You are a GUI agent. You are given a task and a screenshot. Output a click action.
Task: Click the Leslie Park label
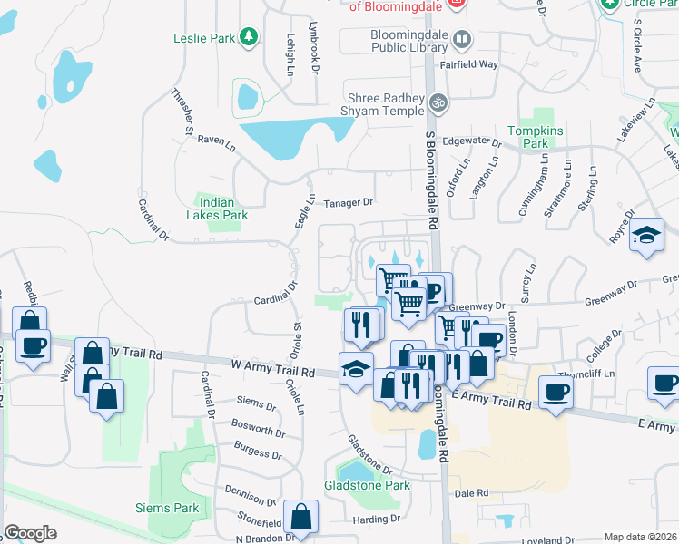[x=203, y=38]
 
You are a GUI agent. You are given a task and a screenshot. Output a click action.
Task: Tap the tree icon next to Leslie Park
[x=247, y=37]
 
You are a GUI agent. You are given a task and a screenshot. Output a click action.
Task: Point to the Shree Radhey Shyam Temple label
[x=386, y=104]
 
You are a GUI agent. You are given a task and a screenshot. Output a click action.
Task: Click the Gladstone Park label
[x=367, y=485]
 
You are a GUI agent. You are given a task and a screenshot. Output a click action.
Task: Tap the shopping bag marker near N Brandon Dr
[x=300, y=518]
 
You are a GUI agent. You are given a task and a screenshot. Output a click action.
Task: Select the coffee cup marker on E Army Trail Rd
[x=556, y=392]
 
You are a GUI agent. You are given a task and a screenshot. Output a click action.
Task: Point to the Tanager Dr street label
[x=349, y=203]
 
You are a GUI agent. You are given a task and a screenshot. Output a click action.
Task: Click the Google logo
[x=30, y=532]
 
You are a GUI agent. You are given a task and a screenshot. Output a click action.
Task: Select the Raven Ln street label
[x=216, y=141]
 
